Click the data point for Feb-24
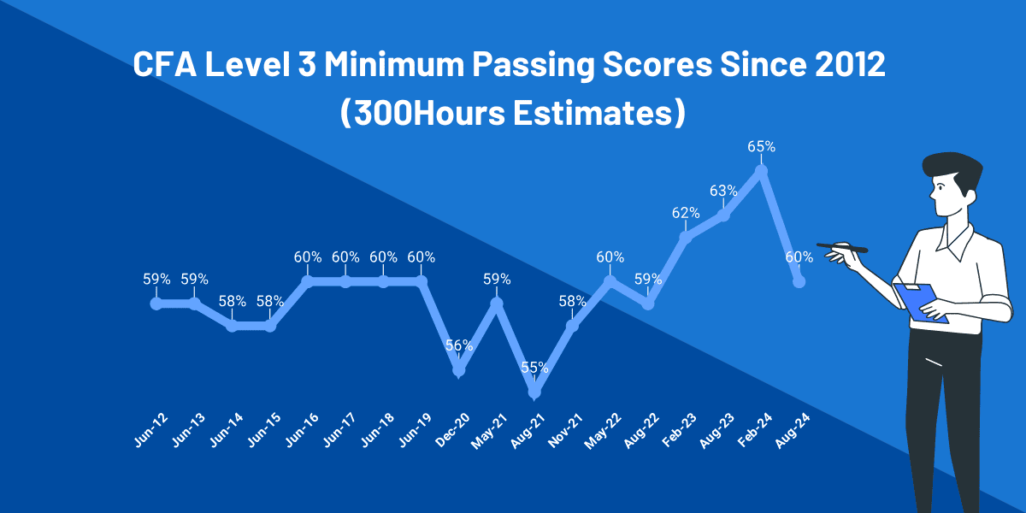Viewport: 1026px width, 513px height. (x=761, y=171)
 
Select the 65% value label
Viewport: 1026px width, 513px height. (x=761, y=146)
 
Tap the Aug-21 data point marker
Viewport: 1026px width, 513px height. (x=534, y=392)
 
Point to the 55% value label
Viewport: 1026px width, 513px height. (x=534, y=368)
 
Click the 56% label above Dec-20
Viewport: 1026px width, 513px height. (x=459, y=345)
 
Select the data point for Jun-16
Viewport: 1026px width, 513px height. (x=308, y=280)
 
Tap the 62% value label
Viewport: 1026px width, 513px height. (x=686, y=213)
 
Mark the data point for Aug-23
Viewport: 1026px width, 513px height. (x=723, y=215)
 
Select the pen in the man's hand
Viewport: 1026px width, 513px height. (x=841, y=248)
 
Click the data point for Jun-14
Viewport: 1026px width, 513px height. (x=232, y=325)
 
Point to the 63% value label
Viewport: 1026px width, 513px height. (x=723, y=190)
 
